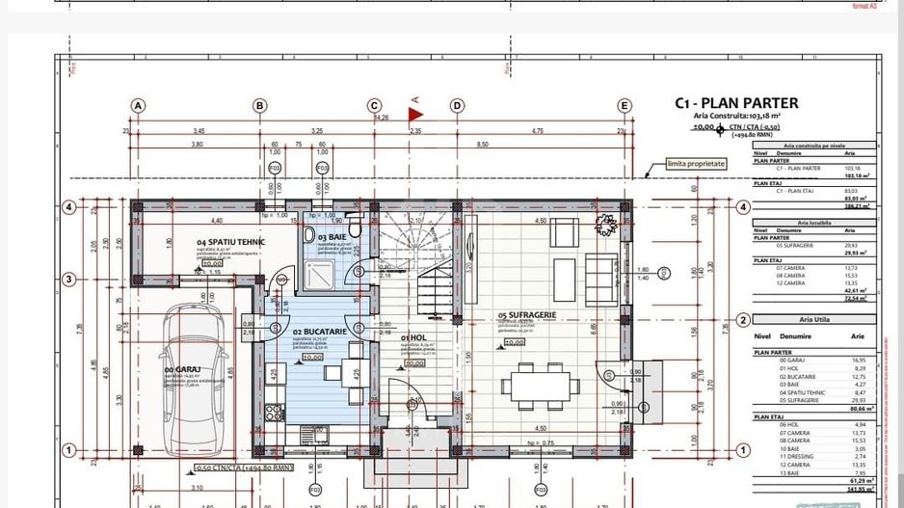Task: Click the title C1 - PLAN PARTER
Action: click(x=735, y=103)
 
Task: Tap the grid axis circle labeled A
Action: click(x=139, y=106)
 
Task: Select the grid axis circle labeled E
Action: click(x=625, y=106)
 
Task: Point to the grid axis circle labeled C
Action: click(x=374, y=106)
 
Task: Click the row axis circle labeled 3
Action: click(x=68, y=280)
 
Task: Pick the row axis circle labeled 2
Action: click(x=743, y=321)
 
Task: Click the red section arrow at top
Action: click(x=416, y=115)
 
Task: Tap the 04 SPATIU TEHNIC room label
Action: click(x=230, y=242)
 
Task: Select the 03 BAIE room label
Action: click(x=332, y=236)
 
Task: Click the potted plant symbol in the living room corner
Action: click(x=606, y=226)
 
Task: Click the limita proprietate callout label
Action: click(x=696, y=164)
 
